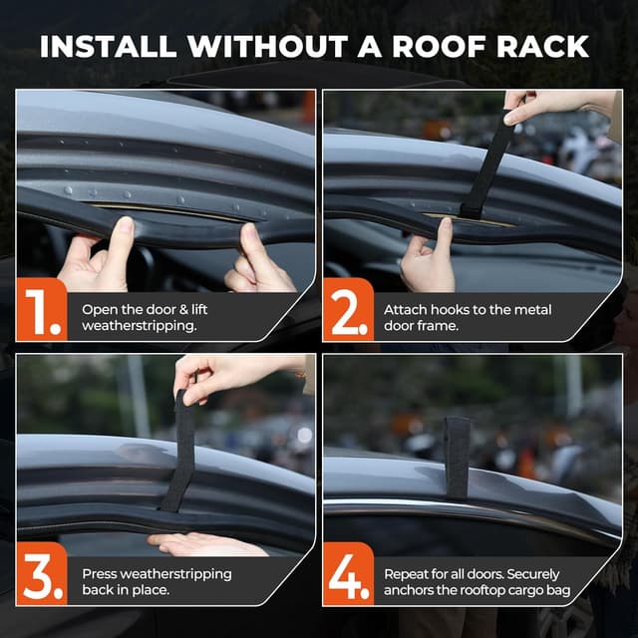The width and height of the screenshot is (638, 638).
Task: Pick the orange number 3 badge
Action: pos(41,574)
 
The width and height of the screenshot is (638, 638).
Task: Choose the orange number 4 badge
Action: pos(348,574)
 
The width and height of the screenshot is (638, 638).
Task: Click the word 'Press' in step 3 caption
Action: pos(101,574)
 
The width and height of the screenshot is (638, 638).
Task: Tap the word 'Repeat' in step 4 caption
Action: pos(409,574)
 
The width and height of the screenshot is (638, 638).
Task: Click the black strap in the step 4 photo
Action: pos(457,456)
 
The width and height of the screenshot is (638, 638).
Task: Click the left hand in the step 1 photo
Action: pos(94,257)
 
